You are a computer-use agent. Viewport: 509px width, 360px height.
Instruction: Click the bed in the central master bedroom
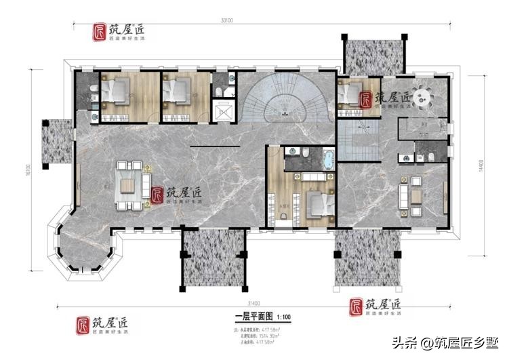316,201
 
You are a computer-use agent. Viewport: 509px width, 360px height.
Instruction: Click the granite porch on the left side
56,142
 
